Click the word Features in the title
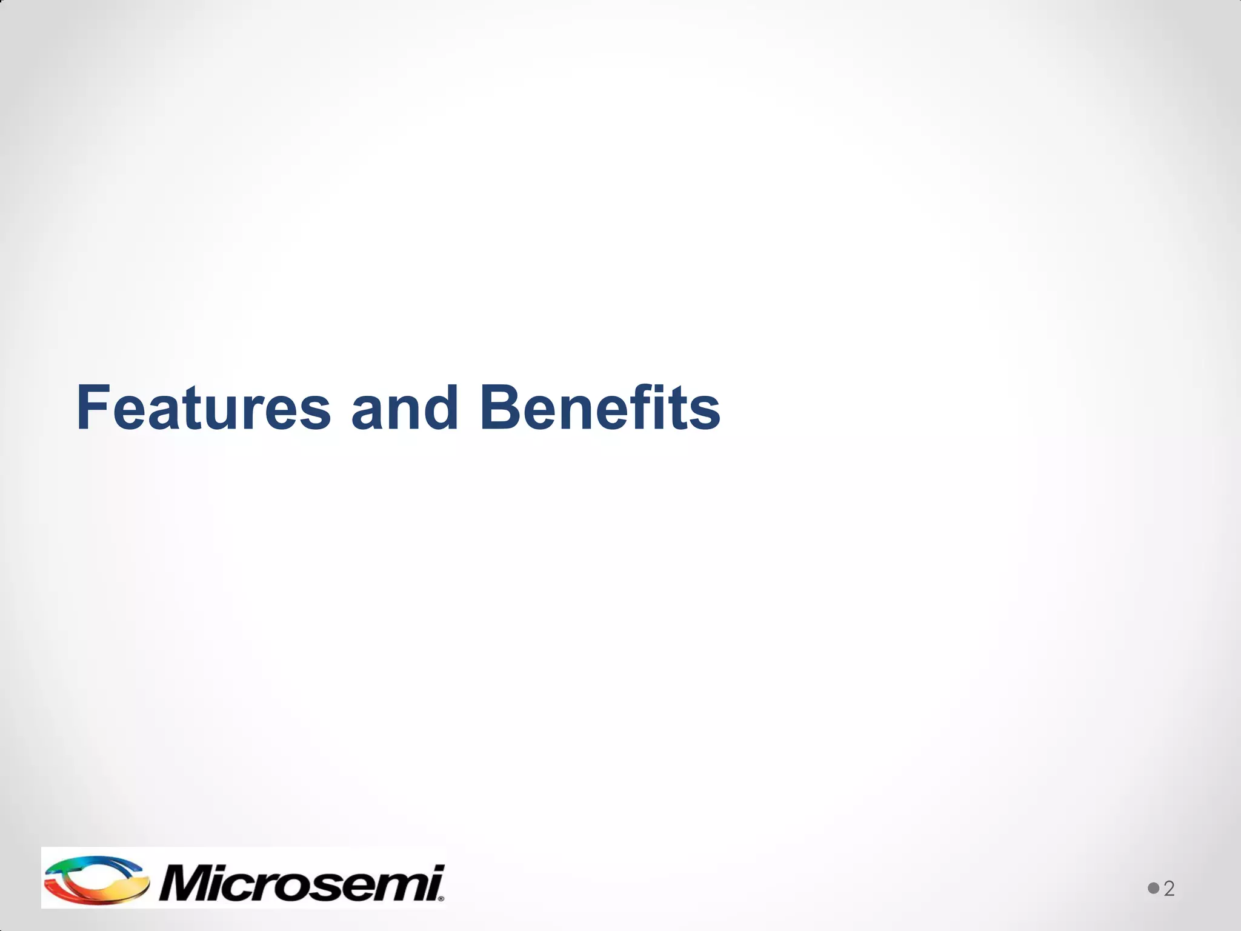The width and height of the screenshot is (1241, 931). click(x=204, y=407)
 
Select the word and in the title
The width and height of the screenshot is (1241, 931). click(x=404, y=407)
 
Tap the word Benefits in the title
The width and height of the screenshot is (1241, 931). click(x=599, y=407)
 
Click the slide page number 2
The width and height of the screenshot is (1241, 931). click(x=1169, y=889)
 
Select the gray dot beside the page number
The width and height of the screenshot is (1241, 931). click(x=1153, y=888)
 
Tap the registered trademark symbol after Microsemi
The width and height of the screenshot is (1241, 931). click(x=441, y=899)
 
